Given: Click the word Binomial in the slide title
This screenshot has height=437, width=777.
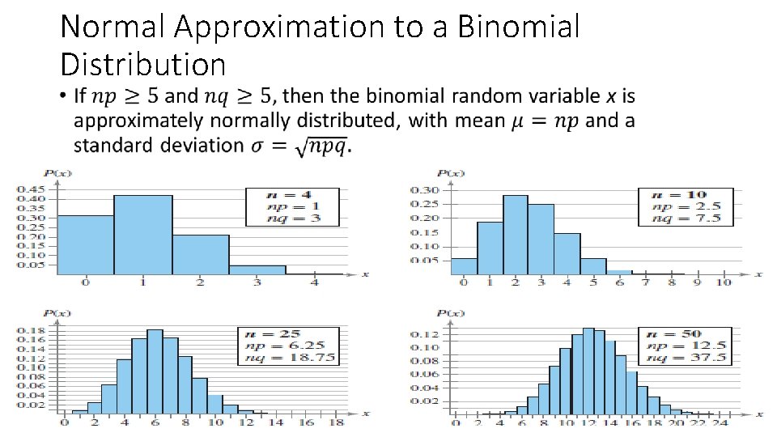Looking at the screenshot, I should pyautogui.click(x=518, y=27).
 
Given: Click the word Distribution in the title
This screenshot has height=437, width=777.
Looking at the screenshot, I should pyautogui.click(x=142, y=63).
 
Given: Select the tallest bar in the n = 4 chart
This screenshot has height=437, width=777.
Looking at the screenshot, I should pyautogui.click(x=142, y=235).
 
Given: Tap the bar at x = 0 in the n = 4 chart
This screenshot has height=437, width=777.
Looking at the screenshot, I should pyautogui.click(x=85, y=244).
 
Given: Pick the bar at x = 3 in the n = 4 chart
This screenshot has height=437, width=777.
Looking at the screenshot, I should pyautogui.click(x=257, y=269).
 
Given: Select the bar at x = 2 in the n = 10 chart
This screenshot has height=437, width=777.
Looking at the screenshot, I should pyautogui.click(x=515, y=235).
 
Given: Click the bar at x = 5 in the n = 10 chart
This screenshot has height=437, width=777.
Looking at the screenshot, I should pyautogui.click(x=593, y=266).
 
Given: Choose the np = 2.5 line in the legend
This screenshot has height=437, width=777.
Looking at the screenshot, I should pyautogui.click(x=685, y=206).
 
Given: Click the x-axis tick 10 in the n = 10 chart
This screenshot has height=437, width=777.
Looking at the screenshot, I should pyautogui.click(x=723, y=282).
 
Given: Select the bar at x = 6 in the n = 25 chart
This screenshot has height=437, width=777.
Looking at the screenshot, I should pyautogui.click(x=155, y=371).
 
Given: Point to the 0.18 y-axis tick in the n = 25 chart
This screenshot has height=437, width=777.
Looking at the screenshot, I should pyautogui.click(x=32, y=330).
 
